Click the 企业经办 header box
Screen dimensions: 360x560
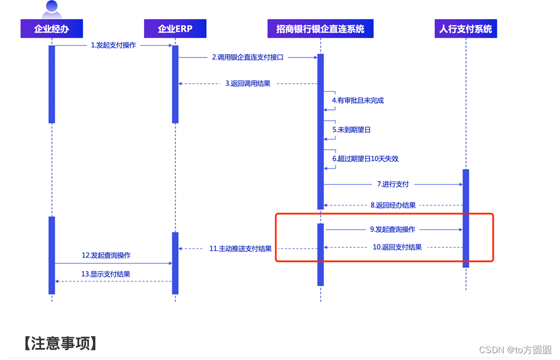[52, 28]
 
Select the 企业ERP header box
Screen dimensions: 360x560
[175, 28]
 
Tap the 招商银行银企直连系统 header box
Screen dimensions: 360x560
[320, 28]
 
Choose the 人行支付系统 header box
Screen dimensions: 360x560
[465, 28]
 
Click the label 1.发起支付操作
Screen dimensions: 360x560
[113, 45]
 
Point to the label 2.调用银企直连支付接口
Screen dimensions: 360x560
[248, 58]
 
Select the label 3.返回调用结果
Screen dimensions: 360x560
[248, 84]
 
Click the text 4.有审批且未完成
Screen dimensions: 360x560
[358, 100]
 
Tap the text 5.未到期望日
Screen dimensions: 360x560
[351, 130]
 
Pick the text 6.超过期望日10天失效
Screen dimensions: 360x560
[365, 159]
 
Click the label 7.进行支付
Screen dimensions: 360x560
[393, 184]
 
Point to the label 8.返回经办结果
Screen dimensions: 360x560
[393, 205]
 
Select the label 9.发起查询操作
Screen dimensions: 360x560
[393, 230]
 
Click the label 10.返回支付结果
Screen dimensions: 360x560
[397, 247]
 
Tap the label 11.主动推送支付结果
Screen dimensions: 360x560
[240, 248]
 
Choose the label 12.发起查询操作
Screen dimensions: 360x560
[106, 256]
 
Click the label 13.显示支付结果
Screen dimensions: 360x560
[105, 274]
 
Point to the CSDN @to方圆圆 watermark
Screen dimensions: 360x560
[515, 350]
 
